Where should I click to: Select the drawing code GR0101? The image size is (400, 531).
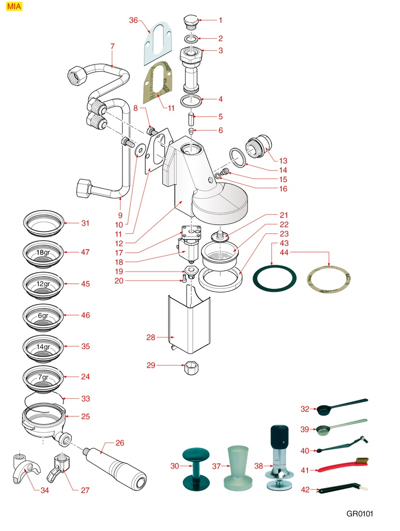[360, 513]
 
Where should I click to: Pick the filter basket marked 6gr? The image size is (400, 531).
[44, 316]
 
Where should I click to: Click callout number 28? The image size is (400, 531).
[151, 337]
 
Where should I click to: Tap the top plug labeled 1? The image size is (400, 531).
[189, 21]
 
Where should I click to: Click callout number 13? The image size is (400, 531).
[283, 161]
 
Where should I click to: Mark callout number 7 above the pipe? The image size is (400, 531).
[112, 46]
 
